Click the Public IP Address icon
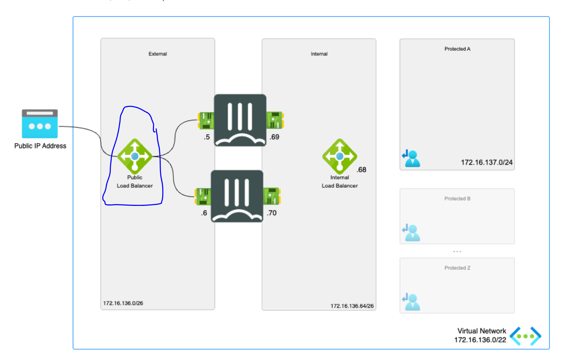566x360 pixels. point(40,123)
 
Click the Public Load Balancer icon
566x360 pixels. point(135,156)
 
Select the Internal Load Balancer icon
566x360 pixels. point(340,156)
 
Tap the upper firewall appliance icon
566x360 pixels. point(240,120)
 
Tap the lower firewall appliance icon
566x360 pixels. point(237,196)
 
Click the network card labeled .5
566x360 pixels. point(206,120)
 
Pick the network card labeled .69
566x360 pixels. point(275,120)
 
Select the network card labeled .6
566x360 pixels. point(203,196)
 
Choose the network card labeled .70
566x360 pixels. point(272,196)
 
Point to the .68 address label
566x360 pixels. point(361,170)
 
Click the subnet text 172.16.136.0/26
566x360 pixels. point(123,303)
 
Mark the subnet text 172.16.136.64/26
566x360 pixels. point(352,306)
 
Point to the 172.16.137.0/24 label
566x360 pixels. point(487,162)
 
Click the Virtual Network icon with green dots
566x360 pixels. point(525,336)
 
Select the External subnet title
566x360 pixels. point(158,54)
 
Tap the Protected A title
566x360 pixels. point(457,49)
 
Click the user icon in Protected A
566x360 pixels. point(411,159)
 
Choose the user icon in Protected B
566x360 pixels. point(411,233)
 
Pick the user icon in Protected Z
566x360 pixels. point(411,302)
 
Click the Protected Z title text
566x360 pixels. point(457,268)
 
